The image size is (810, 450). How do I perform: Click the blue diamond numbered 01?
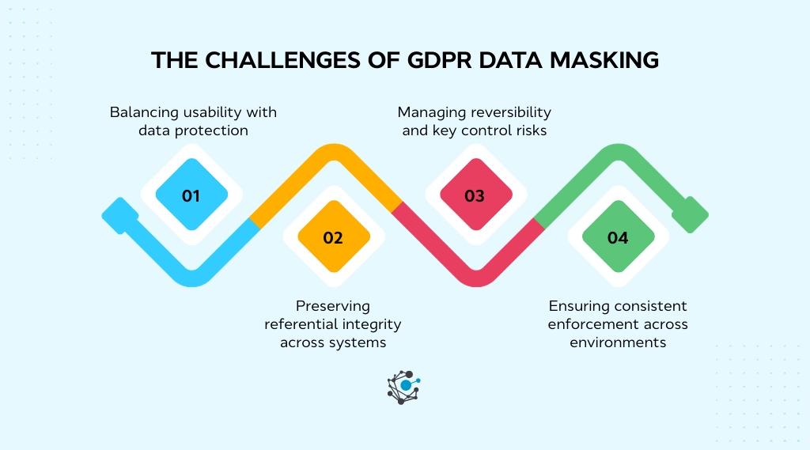pyautogui.click(x=191, y=195)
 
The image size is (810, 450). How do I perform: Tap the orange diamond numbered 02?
pyautogui.click(x=333, y=237)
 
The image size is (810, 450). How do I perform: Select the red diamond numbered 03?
pyautogui.click(x=475, y=195)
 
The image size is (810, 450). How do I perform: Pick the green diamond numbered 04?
pyautogui.click(x=617, y=237)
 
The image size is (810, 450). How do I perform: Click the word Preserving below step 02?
pyautogui.click(x=333, y=306)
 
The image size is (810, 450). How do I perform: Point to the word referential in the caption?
pyautogui.click(x=300, y=324)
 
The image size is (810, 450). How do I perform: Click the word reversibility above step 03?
pyautogui.click(x=505, y=112)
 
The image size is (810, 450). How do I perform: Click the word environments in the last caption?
pyautogui.click(x=618, y=342)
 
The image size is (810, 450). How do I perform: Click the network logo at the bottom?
pyautogui.click(x=404, y=387)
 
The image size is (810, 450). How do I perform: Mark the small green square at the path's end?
pyautogui.click(x=690, y=215)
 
